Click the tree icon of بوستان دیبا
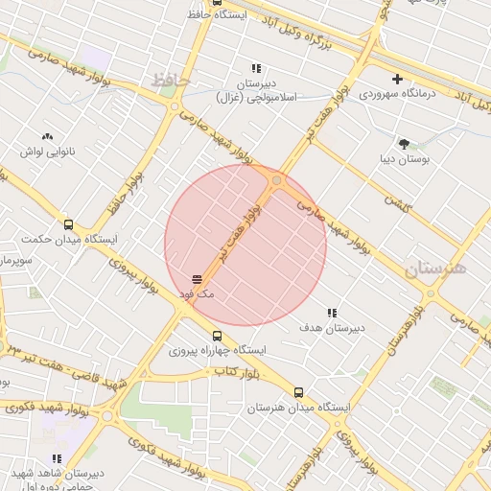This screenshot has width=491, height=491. click(x=404, y=143)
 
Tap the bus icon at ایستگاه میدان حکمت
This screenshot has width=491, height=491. click(x=67, y=223)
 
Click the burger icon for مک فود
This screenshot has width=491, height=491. click(x=197, y=279)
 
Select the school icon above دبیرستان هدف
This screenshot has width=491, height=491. click(x=332, y=313)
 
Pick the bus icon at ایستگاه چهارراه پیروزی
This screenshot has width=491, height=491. click(x=218, y=336)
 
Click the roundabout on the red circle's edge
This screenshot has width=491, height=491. click(x=277, y=179)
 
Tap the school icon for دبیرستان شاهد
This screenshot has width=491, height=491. click(x=57, y=459)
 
